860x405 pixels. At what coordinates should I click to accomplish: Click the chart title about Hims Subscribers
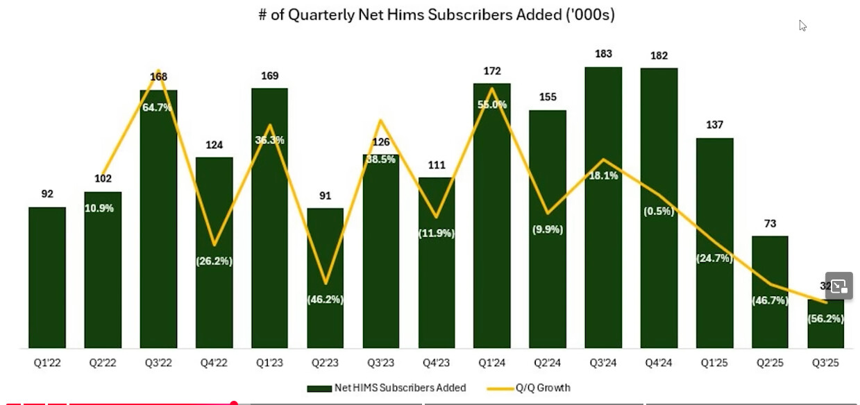pyautogui.click(x=437, y=15)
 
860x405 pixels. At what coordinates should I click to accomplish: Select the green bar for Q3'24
pyautogui.click(x=603, y=264)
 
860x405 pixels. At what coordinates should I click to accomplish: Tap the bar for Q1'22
pyautogui.click(x=47, y=277)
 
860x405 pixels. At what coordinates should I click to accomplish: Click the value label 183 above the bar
pyautogui.click(x=603, y=53)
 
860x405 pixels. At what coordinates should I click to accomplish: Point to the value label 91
pyautogui.click(x=326, y=195)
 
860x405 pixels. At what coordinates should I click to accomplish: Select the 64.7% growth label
pyautogui.click(x=158, y=107)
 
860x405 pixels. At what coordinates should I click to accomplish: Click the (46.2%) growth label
pyautogui.click(x=326, y=300)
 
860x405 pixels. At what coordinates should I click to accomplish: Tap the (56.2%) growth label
pyautogui.click(x=826, y=319)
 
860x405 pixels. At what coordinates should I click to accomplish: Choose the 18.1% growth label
pyautogui.click(x=603, y=175)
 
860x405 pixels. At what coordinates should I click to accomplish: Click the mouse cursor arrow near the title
pyautogui.click(x=802, y=26)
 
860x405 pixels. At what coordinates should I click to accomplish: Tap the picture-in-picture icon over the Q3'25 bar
pyautogui.click(x=838, y=285)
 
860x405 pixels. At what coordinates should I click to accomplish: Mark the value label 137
pyautogui.click(x=714, y=125)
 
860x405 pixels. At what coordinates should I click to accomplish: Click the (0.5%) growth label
pyautogui.click(x=659, y=212)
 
